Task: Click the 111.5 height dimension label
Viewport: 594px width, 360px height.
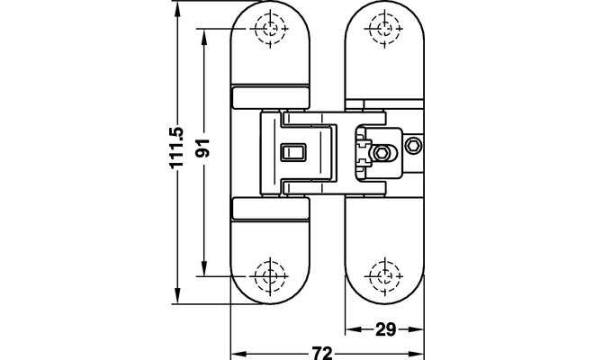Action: (176, 147)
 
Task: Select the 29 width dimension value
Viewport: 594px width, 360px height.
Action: (385, 329)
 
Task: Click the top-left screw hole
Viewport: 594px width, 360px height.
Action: (269, 29)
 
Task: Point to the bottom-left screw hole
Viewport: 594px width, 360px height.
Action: (269, 274)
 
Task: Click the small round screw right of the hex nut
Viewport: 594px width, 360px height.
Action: (412, 146)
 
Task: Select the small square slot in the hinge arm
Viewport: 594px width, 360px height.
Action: (293, 151)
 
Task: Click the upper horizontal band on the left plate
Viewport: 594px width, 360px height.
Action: (271, 96)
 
